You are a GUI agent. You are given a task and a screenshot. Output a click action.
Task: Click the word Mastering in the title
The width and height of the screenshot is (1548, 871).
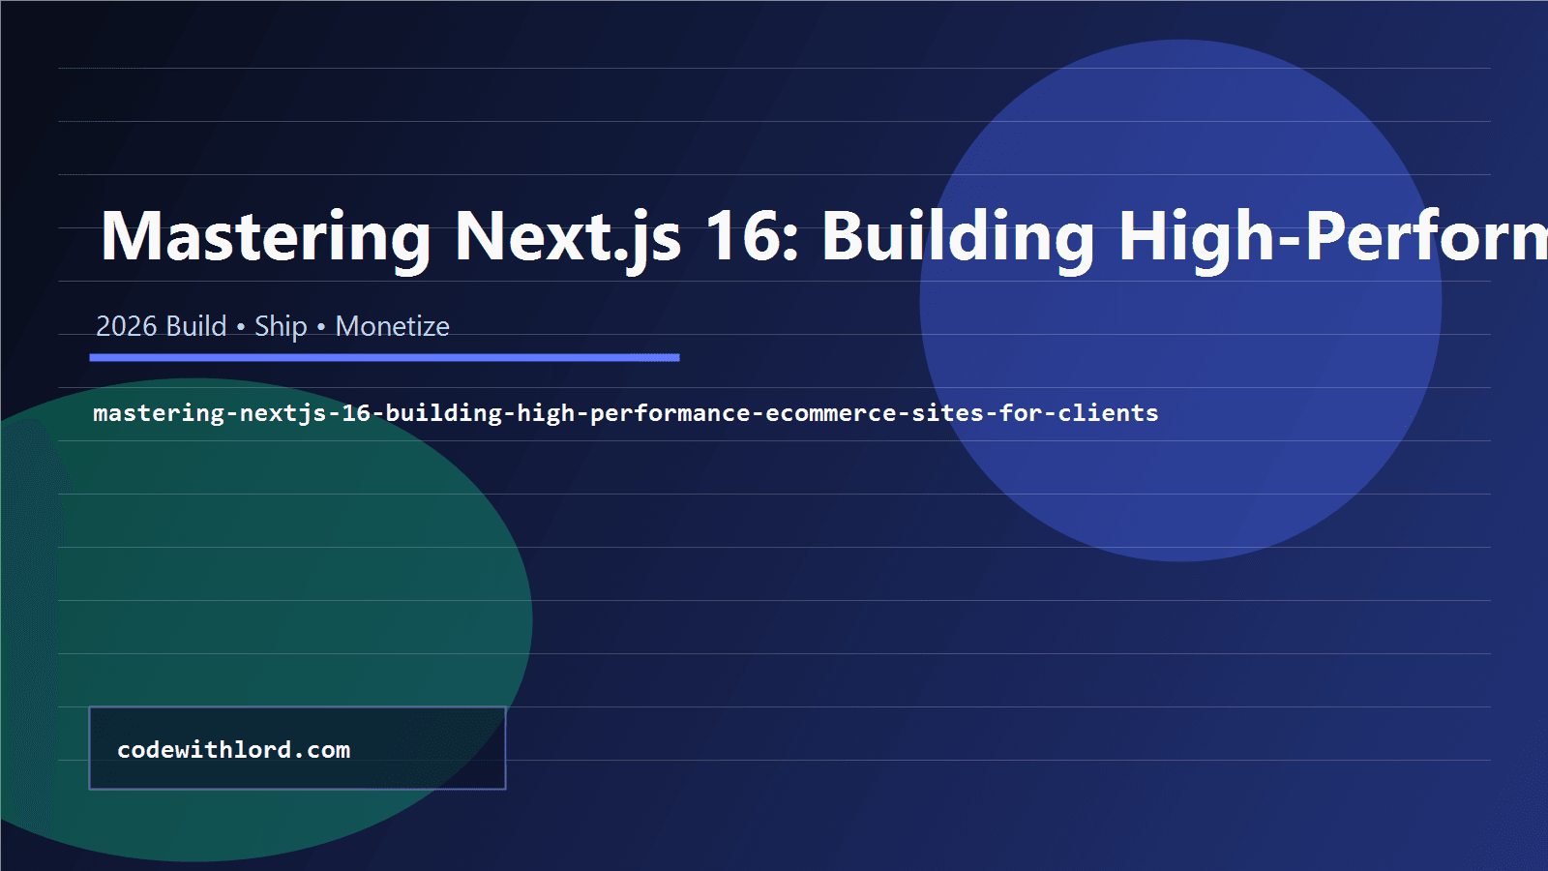pos(265,237)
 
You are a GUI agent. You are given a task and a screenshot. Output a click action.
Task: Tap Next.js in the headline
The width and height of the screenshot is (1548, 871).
pos(568,237)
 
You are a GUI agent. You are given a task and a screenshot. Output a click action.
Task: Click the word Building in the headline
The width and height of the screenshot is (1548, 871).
pos(958,237)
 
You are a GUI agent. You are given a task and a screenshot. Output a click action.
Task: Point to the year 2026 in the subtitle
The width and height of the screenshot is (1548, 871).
pos(126,327)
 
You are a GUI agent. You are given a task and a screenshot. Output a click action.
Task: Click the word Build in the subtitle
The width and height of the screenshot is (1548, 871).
pos(196,327)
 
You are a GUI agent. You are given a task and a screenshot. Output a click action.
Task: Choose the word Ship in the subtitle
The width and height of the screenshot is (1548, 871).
pos(281,327)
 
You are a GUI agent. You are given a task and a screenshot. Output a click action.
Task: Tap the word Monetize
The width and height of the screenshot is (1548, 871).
pos(392,327)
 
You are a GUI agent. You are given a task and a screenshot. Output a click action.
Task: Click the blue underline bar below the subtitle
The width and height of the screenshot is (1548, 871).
pos(384,357)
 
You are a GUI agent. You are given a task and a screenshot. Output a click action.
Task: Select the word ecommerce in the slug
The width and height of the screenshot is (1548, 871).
pos(830,413)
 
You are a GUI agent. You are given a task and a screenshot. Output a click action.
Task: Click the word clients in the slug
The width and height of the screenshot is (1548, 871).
pos(1108,413)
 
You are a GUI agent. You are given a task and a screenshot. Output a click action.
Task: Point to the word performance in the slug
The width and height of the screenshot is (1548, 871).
pos(670,413)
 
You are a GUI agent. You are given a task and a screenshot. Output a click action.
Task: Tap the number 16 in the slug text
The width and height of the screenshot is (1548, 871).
pos(356,413)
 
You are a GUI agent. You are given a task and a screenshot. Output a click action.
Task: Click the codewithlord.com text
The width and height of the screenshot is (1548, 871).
pos(233,750)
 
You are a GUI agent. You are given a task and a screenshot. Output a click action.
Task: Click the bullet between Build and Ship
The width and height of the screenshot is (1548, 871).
pos(240,327)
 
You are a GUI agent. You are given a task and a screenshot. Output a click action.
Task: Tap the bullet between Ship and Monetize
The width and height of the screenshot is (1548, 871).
pos(321,327)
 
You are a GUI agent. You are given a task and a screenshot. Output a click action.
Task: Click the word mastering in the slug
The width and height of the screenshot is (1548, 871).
pos(159,413)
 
